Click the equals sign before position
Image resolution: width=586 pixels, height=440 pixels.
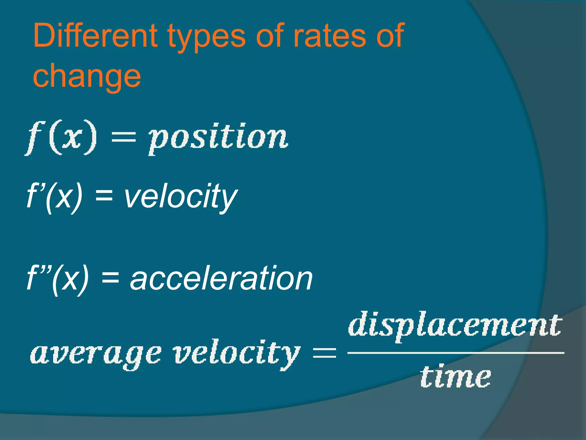click(x=123, y=137)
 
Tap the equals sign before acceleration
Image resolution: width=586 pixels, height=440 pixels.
click(x=110, y=278)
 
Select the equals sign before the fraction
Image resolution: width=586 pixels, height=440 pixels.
click(x=324, y=352)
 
